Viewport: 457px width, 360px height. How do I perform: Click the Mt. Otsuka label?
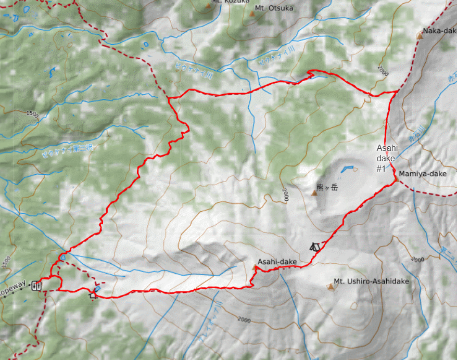tap(274, 8)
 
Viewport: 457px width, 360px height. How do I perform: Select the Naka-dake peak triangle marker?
tap(420, 36)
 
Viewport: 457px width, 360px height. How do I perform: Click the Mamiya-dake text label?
tap(423, 174)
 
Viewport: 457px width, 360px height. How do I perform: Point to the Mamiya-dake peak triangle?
tap(396, 179)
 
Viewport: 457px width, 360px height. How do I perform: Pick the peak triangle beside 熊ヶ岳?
tap(314, 193)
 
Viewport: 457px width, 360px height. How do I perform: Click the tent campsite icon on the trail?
tap(314, 247)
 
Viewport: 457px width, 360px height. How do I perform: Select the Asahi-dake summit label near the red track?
tap(277, 262)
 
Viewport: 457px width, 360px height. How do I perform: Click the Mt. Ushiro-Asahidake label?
tap(371, 281)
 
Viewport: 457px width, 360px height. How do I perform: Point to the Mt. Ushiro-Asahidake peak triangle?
tap(330, 286)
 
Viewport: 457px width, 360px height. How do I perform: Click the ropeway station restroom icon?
tap(36, 285)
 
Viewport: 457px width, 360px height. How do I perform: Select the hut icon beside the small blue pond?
tap(93, 295)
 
